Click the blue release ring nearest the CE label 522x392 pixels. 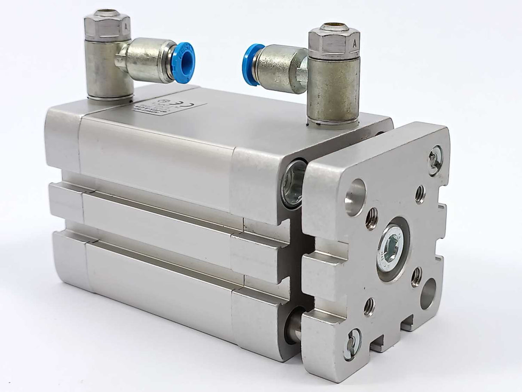(184, 62)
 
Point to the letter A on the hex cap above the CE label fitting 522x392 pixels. (126, 25)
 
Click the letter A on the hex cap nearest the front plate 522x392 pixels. (354, 43)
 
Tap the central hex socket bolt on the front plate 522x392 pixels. (391, 249)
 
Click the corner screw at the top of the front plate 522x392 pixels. (436, 160)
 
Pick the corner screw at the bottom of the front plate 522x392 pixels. (353, 343)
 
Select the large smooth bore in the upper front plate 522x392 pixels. (355, 197)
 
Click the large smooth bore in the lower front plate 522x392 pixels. (427, 293)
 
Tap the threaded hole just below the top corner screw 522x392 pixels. (420, 194)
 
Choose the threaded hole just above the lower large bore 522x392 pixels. (416, 276)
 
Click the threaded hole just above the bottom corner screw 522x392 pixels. (369, 306)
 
